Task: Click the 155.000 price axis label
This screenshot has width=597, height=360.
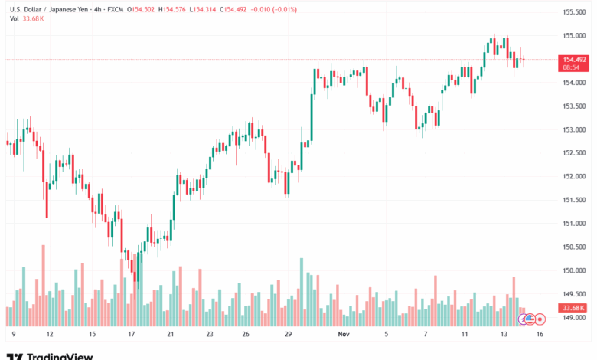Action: point(574,35)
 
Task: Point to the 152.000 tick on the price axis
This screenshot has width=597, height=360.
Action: point(574,176)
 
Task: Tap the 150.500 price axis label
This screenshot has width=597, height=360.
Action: point(574,247)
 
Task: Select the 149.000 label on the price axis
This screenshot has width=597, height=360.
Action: point(574,317)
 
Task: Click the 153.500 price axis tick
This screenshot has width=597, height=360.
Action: point(574,106)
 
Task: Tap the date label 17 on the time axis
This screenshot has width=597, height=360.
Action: point(131,334)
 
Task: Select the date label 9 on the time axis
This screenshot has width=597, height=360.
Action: point(14,334)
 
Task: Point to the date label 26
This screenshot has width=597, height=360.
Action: point(246,334)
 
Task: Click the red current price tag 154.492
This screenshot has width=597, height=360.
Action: point(574,59)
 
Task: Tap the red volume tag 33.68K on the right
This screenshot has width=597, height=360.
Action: point(574,307)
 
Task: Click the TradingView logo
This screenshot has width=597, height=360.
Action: point(50,355)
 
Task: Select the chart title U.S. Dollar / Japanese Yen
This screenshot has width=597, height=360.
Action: point(53,9)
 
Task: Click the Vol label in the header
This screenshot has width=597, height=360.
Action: point(14,19)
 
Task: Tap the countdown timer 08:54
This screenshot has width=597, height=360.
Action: point(572,67)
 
